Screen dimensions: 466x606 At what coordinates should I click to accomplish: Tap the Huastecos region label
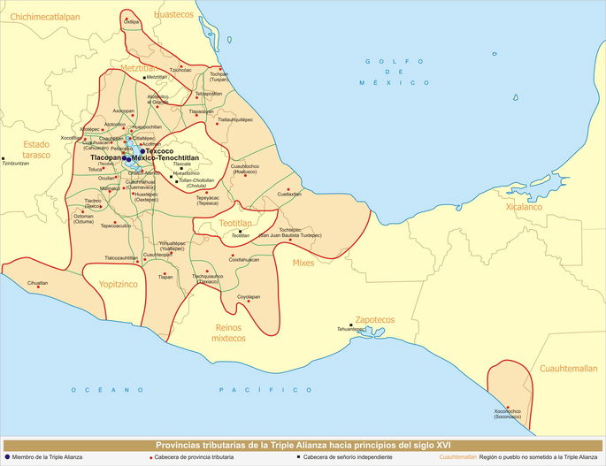coord(171,15)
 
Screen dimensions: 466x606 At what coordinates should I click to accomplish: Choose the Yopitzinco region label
coord(116,286)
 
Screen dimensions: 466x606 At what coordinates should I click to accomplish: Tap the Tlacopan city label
coord(109,157)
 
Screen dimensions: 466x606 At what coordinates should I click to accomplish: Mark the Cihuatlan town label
coord(37,283)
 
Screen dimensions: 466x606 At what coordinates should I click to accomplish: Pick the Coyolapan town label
coord(249,297)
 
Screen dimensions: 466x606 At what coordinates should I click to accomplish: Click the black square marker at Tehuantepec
coord(351,325)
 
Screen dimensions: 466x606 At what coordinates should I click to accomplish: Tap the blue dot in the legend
coord(8,457)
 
